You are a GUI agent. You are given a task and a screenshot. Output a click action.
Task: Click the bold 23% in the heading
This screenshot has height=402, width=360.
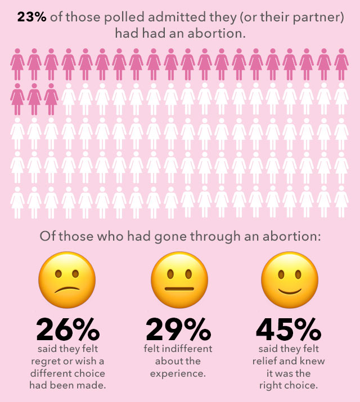tap(31, 17)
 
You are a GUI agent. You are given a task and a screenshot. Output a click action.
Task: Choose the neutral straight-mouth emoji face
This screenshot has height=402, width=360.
tap(179, 281)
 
